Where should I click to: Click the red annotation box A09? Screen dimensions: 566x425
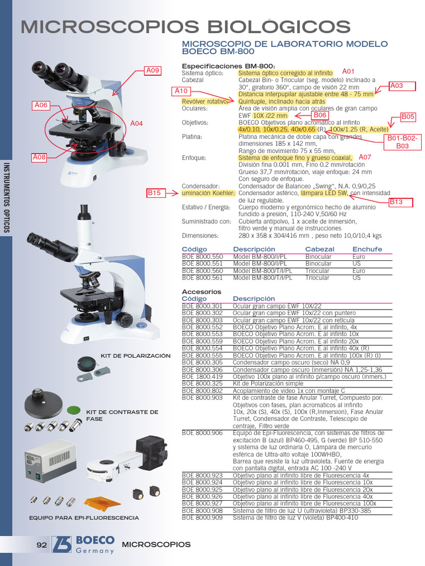point(153,70)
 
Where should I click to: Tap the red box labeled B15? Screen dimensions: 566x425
point(156,193)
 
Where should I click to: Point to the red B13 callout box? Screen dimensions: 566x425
point(396,202)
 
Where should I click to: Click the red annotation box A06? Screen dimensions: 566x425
point(42,105)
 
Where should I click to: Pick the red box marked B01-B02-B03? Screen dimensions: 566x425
point(402,142)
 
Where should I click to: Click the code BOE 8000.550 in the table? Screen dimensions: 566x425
point(202,257)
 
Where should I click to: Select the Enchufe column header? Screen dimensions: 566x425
point(367,249)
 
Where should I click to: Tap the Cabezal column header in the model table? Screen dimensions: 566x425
point(320,249)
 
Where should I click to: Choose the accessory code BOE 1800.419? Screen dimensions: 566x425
point(202,376)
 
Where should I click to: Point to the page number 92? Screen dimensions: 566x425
point(42,544)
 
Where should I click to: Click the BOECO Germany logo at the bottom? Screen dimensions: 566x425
point(83,544)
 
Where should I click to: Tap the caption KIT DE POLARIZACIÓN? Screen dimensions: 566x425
point(136,355)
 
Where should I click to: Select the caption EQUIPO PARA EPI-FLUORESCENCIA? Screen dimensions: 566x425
point(84,518)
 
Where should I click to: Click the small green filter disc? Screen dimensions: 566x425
point(74,410)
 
